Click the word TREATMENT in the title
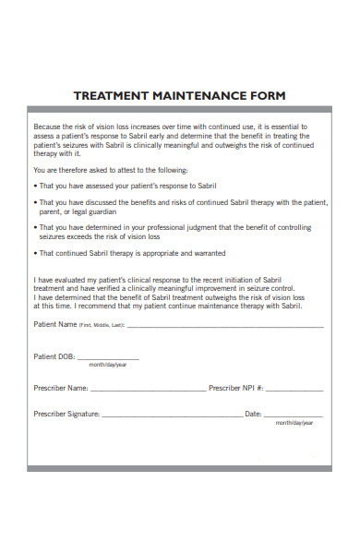coord(110,96)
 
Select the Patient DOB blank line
coord(108,357)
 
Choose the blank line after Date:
coord(294,415)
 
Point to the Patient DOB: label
coord(54,355)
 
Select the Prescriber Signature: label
coord(66,415)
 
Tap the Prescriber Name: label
coord(61,388)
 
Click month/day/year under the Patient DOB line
coord(108,365)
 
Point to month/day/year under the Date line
coord(294,423)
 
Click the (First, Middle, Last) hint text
coord(101,326)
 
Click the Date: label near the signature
coord(253,415)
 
